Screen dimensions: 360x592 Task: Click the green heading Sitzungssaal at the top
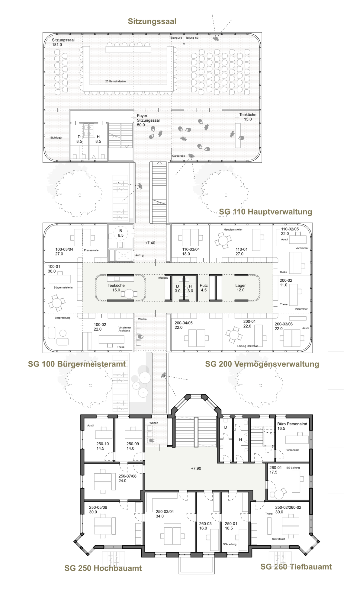152,21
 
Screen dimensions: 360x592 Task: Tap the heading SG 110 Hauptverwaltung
265,212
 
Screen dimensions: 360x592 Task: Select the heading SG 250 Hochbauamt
103,568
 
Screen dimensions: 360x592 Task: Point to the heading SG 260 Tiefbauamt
296,567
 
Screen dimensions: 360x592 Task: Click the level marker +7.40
150,243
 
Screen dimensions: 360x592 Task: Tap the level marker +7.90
196,468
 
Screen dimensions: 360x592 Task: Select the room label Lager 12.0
240,288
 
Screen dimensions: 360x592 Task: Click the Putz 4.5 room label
204,288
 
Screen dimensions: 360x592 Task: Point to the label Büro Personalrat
292,424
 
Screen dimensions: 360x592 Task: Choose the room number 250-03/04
165,511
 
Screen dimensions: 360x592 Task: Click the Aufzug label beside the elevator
139,255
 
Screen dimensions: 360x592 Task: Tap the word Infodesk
162,278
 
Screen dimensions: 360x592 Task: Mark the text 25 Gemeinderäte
116,81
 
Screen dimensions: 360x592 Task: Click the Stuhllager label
56,138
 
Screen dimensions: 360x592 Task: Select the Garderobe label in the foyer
178,156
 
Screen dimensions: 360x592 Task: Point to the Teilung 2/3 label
175,38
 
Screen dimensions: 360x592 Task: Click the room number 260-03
205,523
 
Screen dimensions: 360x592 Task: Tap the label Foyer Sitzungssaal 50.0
148,120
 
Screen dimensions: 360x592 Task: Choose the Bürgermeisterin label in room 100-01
63,287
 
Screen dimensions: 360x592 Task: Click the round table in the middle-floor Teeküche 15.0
129,294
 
